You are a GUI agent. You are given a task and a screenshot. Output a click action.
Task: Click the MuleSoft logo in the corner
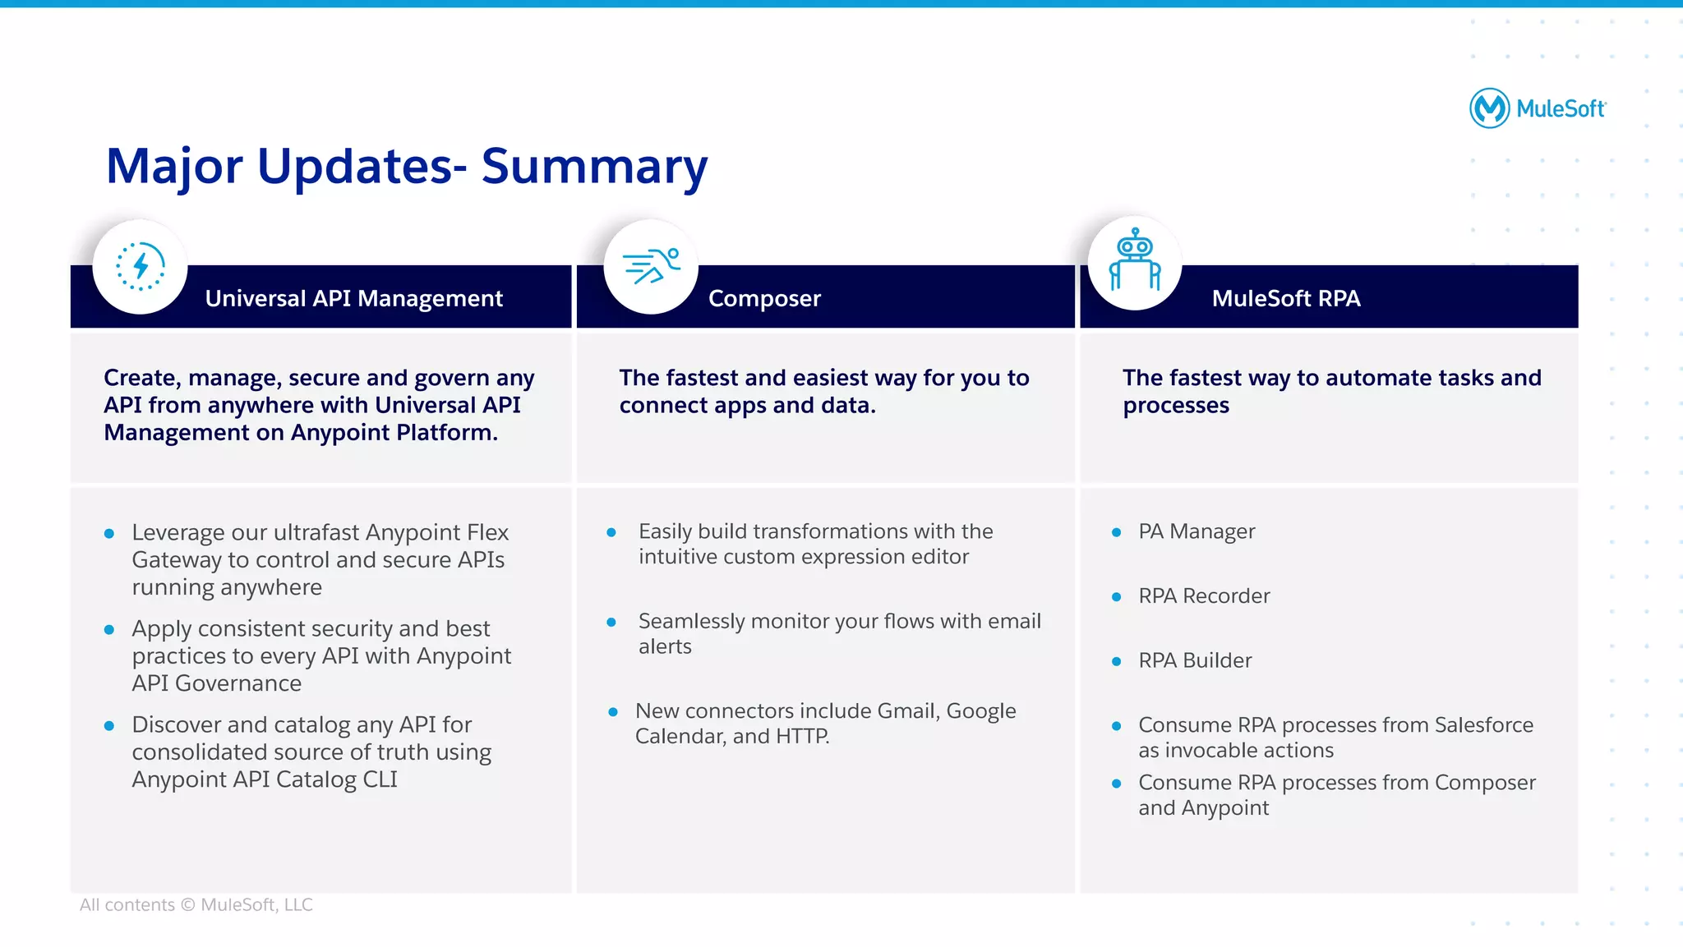[1537, 108]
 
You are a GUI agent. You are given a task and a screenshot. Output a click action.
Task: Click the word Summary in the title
[593, 167]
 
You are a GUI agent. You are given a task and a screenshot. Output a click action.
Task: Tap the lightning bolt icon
[141, 266]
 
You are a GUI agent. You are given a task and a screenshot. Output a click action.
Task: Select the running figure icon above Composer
[651, 266]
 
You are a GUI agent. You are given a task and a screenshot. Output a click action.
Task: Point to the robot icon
[1135, 261]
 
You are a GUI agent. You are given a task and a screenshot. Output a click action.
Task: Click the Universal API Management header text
[353, 298]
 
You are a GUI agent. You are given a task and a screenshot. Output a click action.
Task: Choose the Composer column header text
[764, 298]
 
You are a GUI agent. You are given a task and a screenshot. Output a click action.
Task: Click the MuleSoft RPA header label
[1286, 298]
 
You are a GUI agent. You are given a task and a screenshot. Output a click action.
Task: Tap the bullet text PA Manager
[1197, 531]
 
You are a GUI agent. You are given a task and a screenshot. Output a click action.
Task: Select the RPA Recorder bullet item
[1204, 595]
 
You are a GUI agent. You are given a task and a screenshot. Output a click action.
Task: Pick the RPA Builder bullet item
[1195, 660]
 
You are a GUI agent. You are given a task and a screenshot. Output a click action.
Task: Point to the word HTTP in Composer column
[801, 736]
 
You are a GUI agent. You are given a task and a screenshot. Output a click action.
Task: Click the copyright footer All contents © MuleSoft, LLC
[196, 904]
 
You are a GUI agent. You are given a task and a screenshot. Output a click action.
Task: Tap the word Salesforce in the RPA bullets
[1483, 724]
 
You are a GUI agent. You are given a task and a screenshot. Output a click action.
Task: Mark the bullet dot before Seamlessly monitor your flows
[611, 623]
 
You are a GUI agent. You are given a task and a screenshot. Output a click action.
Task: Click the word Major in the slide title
[174, 167]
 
